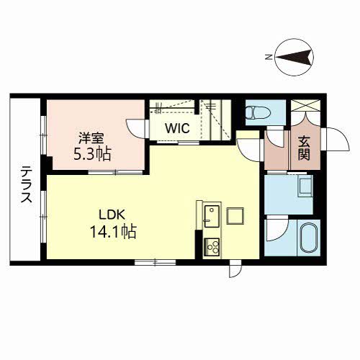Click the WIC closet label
click(176, 129)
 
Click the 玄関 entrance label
click(302, 149)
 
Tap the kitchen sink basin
click(211, 215)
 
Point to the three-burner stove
click(212, 246)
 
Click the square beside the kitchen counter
click(235, 215)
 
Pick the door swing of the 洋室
click(136, 127)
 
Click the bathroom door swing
click(274, 231)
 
